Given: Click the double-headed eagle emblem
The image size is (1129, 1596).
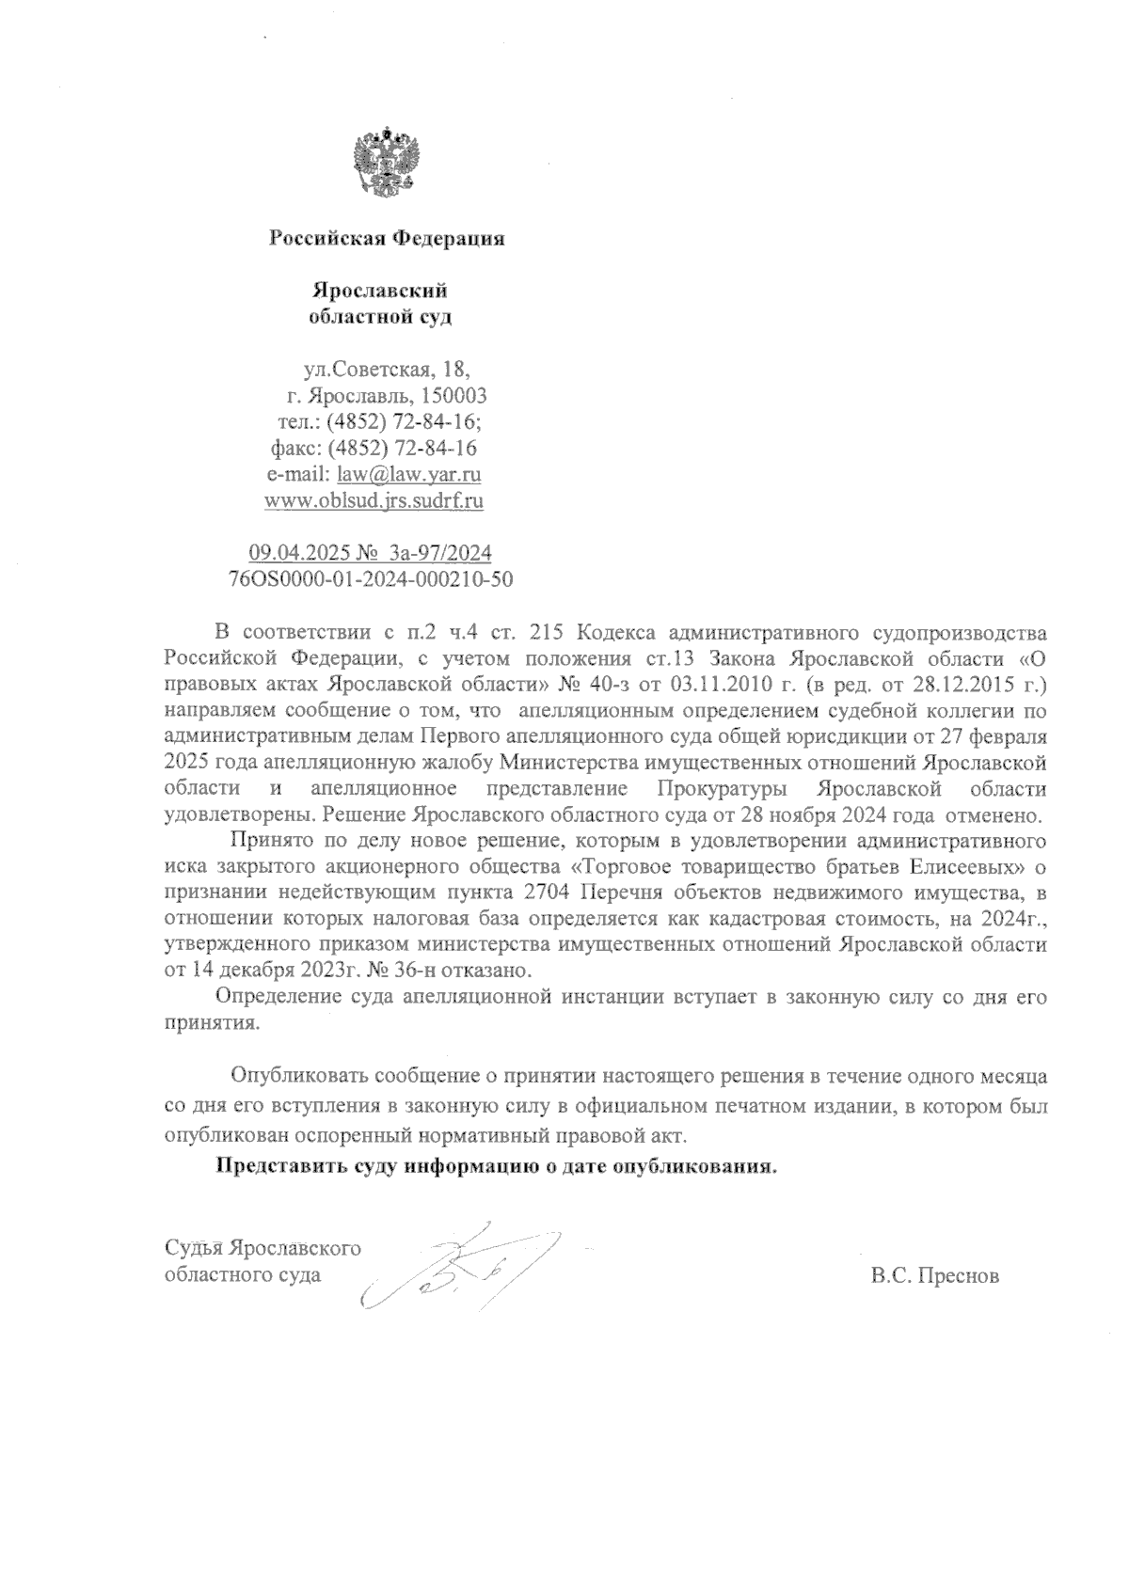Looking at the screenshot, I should point(385,165).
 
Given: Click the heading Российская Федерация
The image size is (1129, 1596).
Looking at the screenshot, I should point(387,239).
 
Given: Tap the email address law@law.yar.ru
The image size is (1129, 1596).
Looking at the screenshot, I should point(409,474).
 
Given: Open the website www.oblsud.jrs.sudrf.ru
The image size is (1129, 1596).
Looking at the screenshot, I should point(374,500).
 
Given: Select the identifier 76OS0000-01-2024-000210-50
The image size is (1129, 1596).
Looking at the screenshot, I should point(371,578).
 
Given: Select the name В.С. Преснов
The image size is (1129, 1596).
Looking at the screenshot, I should point(935,1276).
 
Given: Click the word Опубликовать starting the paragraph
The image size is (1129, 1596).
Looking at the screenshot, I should point(298,1074).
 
